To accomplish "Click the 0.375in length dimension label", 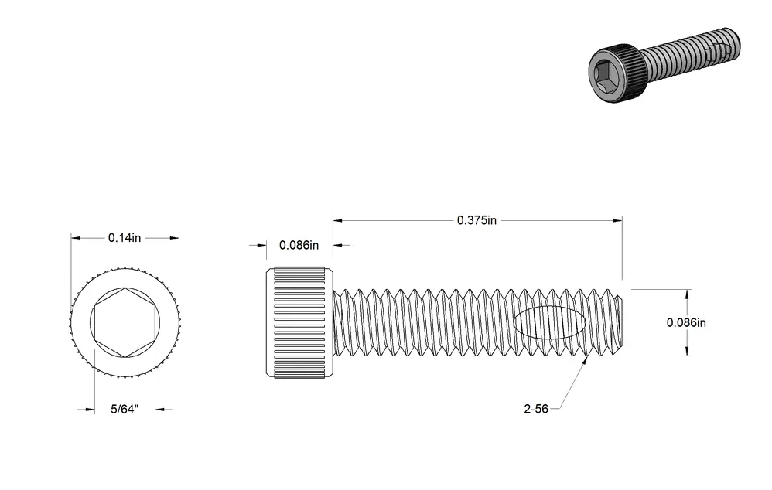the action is (x=477, y=220).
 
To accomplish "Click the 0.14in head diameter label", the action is (x=125, y=238).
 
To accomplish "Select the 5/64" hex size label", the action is (x=125, y=410).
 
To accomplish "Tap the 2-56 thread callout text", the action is (x=536, y=409).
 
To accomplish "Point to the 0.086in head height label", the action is (x=299, y=245).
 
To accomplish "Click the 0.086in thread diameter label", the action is (x=686, y=323).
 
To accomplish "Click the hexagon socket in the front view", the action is (x=125, y=323).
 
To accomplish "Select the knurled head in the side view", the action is (x=299, y=323).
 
